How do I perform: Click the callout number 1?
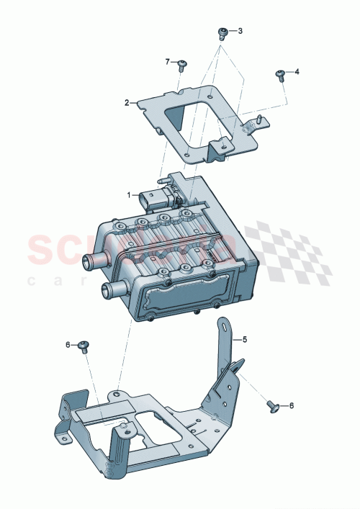pyautogui.click(x=130, y=194)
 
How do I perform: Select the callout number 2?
pyautogui.click(x=127, y=103)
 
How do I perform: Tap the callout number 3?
pyautogui.click(x=240, y=31)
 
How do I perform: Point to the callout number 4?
pyautogui.click(x=297, y=72)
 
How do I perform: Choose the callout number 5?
pyautogui.click(x=244, y=338)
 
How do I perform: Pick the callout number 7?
pyautogui.click(x=167, y=62)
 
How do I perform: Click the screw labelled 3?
pyautogui.click(x=223, y=32)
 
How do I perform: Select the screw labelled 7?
pyautogui.click(x=182, y=65)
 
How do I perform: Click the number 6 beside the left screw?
pyautogui.click(x=68, y=345)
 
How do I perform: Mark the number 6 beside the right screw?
pyautogui.click(x=292, y=406)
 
